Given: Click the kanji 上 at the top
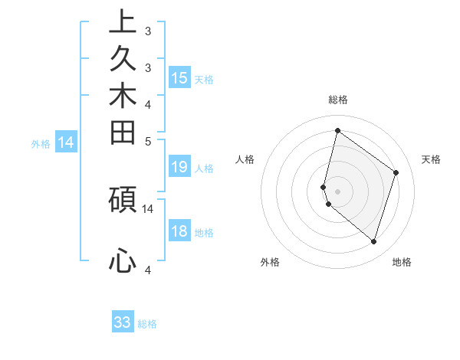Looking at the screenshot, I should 123,21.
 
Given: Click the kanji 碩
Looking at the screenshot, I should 123,198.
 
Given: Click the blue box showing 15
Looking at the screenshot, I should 179,77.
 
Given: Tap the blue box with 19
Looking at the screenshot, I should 179,167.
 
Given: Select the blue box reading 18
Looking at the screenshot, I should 179,231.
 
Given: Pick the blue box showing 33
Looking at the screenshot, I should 123,322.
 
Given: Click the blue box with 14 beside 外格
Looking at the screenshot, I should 66,142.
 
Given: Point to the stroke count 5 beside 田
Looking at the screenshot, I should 148,141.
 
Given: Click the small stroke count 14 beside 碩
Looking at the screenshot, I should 148,208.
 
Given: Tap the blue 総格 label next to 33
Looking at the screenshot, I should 147,324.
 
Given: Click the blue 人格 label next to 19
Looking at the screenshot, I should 205,169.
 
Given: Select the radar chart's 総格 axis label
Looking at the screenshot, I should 337,100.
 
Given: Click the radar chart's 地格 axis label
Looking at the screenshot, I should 402,262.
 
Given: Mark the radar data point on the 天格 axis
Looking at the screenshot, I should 396,172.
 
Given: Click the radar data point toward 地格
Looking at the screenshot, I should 373,241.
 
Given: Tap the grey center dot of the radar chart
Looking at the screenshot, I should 337,191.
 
